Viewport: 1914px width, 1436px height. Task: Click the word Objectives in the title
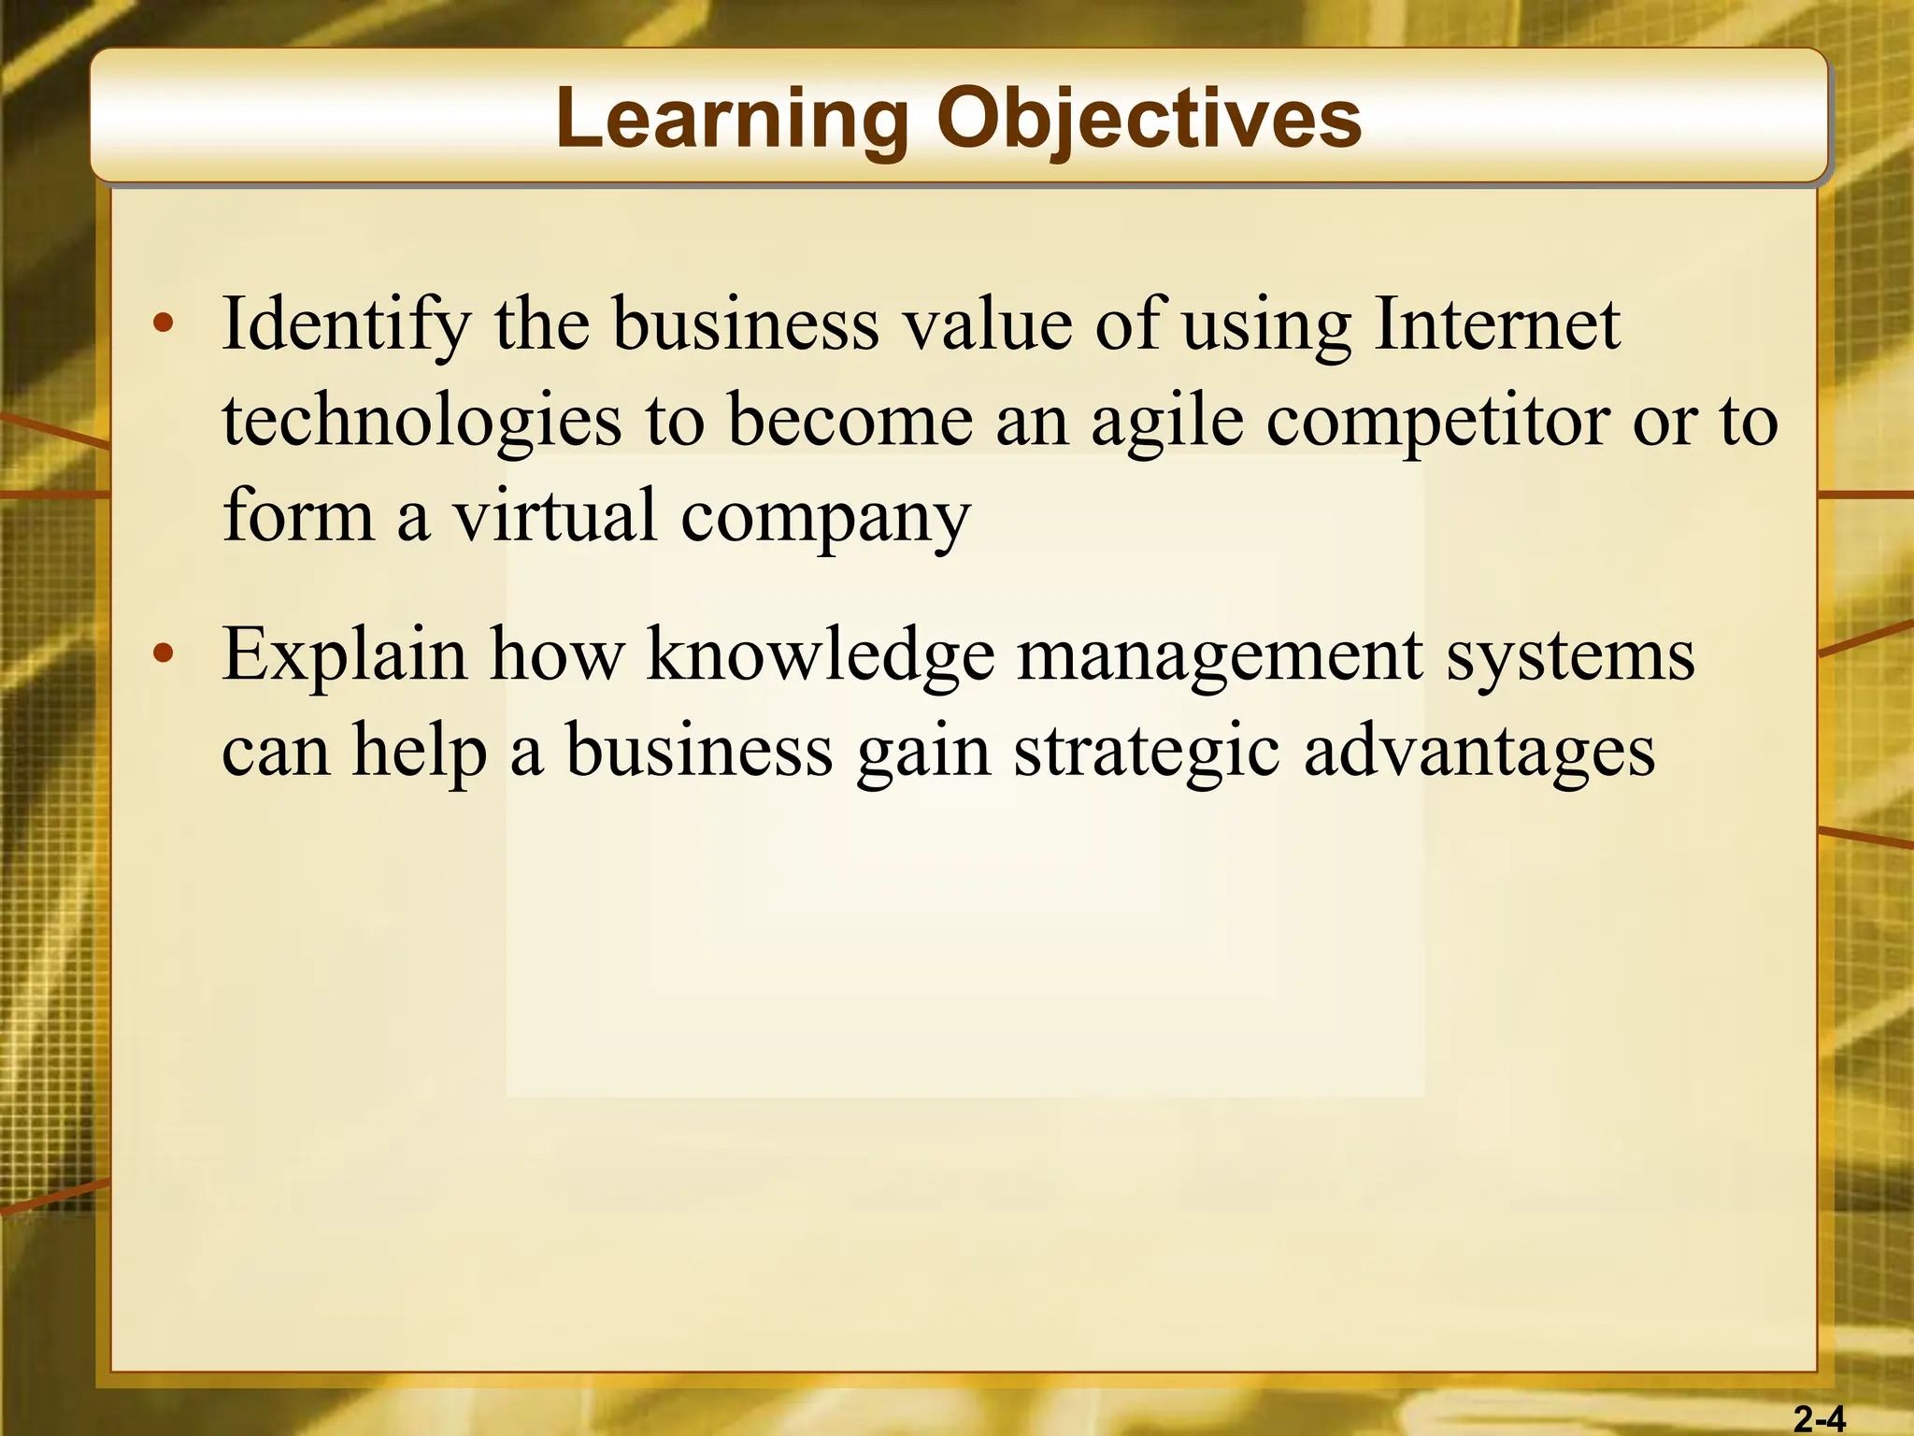(x=1149, y=120)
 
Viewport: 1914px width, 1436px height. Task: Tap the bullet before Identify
(x=164, y=323)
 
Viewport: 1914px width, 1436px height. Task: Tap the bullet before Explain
(x=164, y=653)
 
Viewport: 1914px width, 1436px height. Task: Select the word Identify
(x=346, y=325)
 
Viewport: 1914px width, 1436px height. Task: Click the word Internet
(x=1496, y=325)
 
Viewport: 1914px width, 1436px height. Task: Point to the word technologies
(x=421, y=421)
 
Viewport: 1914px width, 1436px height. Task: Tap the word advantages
(x=1479, y=754)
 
